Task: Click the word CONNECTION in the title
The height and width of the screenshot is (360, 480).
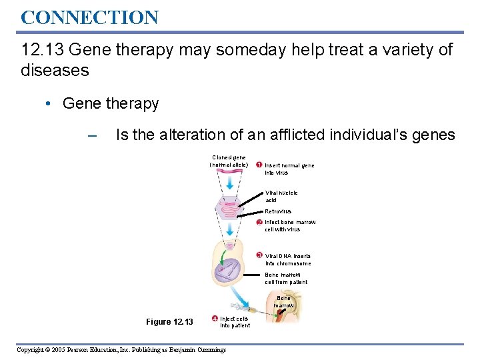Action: click(x=89, y=17)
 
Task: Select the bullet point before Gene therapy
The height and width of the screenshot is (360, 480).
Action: click(x=51, y=104)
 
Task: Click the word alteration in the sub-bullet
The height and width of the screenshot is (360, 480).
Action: click(x=195, y=135)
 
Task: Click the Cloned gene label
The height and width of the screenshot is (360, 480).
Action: click(x=229, y=161)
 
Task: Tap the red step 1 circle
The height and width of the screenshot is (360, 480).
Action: click(x=259, y=165)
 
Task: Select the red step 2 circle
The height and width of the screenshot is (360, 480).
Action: click(x=259, y=222)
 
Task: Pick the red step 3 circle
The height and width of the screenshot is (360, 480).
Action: click(x=259, y=255)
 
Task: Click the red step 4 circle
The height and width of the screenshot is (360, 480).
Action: click(x=214, y=319)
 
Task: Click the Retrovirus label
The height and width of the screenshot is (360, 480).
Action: click(x=277, y=211)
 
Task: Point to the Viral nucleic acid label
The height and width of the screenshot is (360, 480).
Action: click(x=281, y=196)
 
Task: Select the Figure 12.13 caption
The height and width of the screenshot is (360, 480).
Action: click(x=169, y=322)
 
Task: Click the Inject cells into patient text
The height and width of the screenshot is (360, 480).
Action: click(x=235, y=322)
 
